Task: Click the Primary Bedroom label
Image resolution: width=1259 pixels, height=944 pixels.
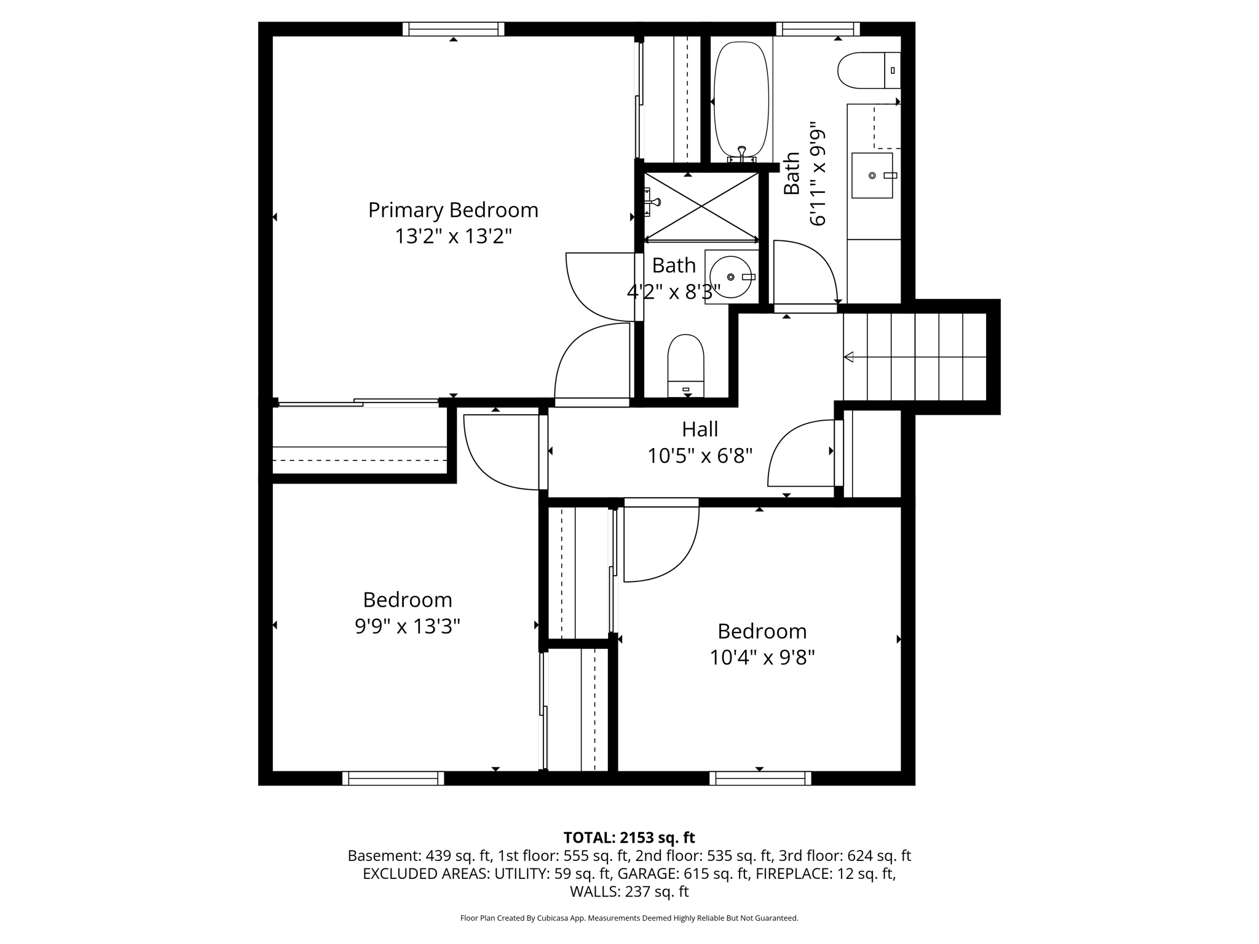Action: click(453, 210)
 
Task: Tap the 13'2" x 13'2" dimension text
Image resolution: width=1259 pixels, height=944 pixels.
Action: click(453, 236)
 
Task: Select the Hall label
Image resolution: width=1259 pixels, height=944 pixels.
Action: click(700, 429)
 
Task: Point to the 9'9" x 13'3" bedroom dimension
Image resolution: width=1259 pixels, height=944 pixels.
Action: click(408, 626)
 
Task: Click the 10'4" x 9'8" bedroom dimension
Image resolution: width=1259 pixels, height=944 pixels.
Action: click(762, 658)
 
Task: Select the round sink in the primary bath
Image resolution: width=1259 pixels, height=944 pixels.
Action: click(732, 277)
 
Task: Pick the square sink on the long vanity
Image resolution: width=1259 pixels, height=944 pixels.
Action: click(872, 175)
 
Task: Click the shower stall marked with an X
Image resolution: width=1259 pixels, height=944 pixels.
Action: click(701, 206)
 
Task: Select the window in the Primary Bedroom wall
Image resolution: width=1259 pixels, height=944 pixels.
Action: click(454, 29)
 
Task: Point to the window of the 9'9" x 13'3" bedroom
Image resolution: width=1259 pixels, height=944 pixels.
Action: click(393, 778)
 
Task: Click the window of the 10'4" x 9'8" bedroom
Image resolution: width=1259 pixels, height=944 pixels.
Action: click(760, 778)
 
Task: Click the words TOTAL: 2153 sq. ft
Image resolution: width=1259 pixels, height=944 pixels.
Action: click(629, 838)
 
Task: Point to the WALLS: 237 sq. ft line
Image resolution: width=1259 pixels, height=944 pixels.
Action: click(629, 891)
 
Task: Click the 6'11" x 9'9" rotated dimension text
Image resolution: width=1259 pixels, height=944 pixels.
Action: click(817, 177)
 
